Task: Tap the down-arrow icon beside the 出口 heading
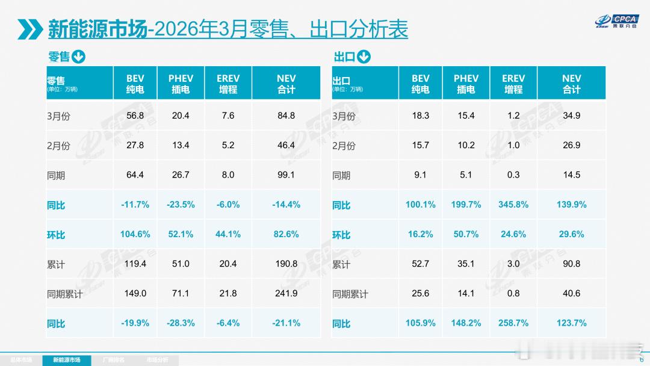pos(364,57)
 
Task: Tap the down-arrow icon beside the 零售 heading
pos(78,57)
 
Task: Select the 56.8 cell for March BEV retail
pos(135,116)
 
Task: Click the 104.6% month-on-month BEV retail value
pos(135,234)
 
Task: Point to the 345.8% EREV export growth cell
pos(513,205)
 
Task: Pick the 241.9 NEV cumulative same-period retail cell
pos(286,294)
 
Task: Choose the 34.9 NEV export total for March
pos(571,116)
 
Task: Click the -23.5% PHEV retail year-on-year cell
pos(181,205)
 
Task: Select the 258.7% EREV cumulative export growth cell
pos(513,323)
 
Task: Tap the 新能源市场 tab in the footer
pos(72,360)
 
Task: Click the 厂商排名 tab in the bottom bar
pos(114,360)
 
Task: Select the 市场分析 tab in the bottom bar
pos(158,360)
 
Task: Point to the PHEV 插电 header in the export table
pos(466,84)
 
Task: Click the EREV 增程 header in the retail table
pos(228,84)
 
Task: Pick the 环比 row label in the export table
pos(341,235)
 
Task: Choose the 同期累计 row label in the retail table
pos(64,294)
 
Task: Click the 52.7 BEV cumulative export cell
pos(421,264)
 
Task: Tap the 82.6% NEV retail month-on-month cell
pos(286,234)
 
